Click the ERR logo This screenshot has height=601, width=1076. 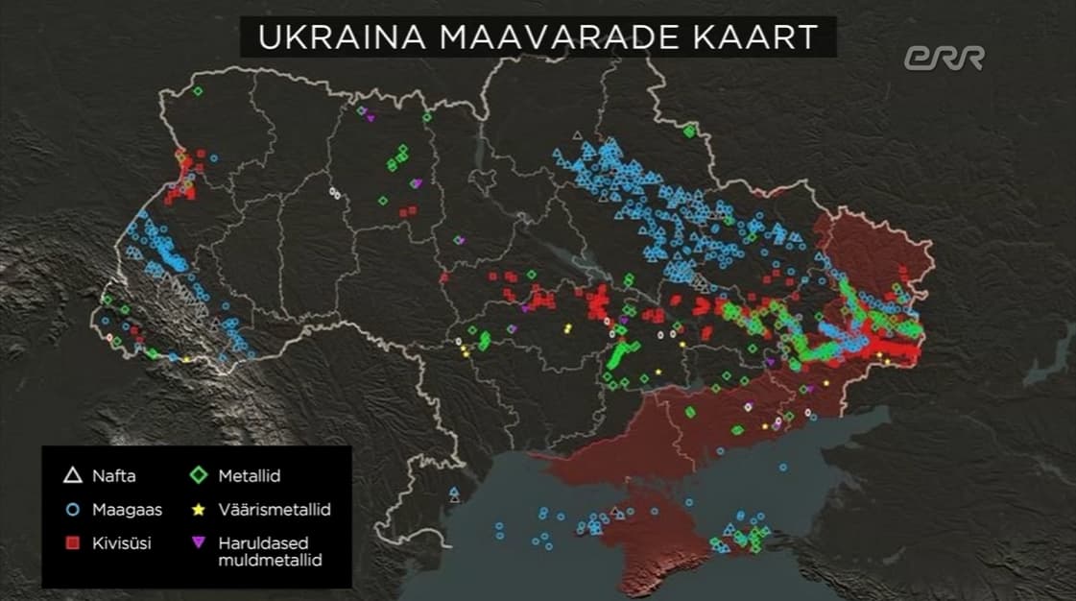944,58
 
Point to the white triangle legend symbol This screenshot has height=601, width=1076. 71,475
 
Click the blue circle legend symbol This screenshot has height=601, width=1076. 71,509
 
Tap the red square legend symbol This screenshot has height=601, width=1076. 71,542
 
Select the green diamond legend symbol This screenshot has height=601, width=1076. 199,475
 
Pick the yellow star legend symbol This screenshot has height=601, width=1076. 199,509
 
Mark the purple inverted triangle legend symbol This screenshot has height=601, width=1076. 199,542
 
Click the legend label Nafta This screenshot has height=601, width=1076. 113,475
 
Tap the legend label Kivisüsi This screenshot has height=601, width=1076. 121,542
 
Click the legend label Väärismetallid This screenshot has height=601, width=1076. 274,509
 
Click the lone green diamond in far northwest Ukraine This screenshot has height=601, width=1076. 197,91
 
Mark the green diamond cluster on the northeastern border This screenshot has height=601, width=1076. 688,130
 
